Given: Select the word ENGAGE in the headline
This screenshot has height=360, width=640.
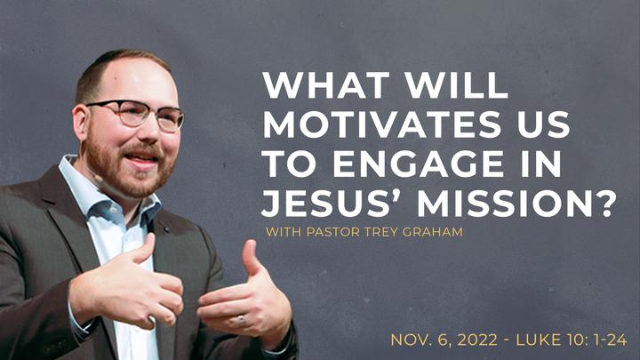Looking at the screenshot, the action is click(419, 164).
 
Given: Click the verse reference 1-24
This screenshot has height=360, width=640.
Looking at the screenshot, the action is click(608, 340).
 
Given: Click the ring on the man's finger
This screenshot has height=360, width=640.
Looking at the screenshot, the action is click(241, 320).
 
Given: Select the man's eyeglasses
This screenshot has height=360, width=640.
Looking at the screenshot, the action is click(137, 114).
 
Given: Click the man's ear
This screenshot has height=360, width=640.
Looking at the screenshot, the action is click(80, 122).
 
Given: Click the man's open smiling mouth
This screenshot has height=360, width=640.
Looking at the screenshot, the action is click(141, 158).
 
